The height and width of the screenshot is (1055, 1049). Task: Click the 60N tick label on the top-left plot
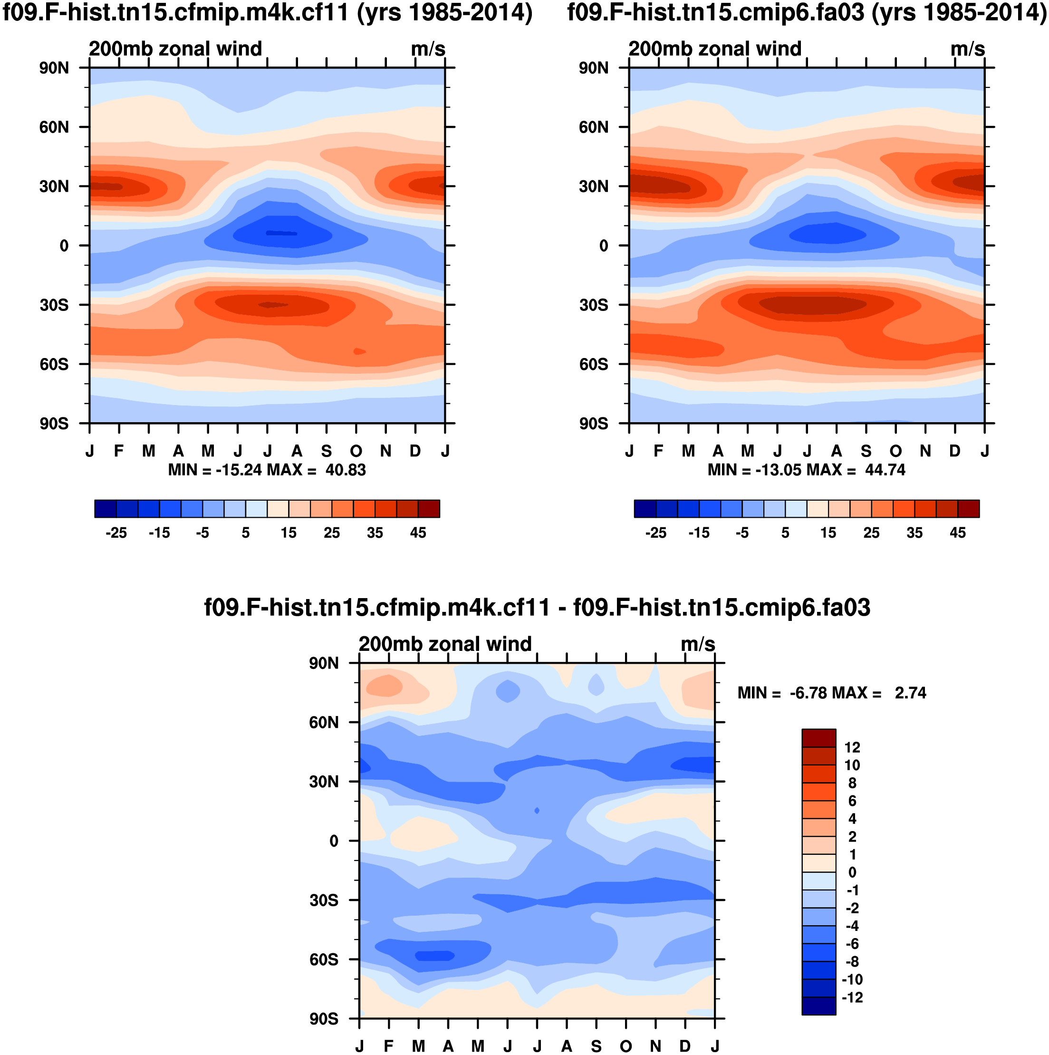[x=54, y=127]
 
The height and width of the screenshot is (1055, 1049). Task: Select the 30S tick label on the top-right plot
[x=593, y=305]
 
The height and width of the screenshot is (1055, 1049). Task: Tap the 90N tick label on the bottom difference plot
[x=324, y=663]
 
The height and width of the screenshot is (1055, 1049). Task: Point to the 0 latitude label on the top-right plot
[x=603, y=246]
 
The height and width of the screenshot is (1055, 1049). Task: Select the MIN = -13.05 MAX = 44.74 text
[x=806, y=470]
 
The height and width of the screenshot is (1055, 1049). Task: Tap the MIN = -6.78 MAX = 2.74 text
[x=831, y=693]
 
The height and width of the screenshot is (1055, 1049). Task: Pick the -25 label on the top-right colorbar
[x=655, y=532]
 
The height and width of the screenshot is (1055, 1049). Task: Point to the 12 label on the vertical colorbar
[x=852, y=747]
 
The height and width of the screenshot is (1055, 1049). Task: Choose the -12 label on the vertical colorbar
[x=852, y=997]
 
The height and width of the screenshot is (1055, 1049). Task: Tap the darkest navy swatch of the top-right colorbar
[x=645, y=508]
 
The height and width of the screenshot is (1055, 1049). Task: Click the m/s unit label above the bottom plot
[x=698, y=644]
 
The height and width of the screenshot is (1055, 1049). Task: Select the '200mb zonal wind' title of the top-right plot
[x=714, y=49]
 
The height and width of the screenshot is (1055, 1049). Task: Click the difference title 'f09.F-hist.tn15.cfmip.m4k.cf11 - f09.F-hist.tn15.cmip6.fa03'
[x=537, y=608]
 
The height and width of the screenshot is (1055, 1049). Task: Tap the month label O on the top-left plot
[x=356, y=451]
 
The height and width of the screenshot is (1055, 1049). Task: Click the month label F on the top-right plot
[x=658, y=451]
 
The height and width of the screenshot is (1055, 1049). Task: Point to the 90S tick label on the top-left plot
[x=54, y=424]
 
